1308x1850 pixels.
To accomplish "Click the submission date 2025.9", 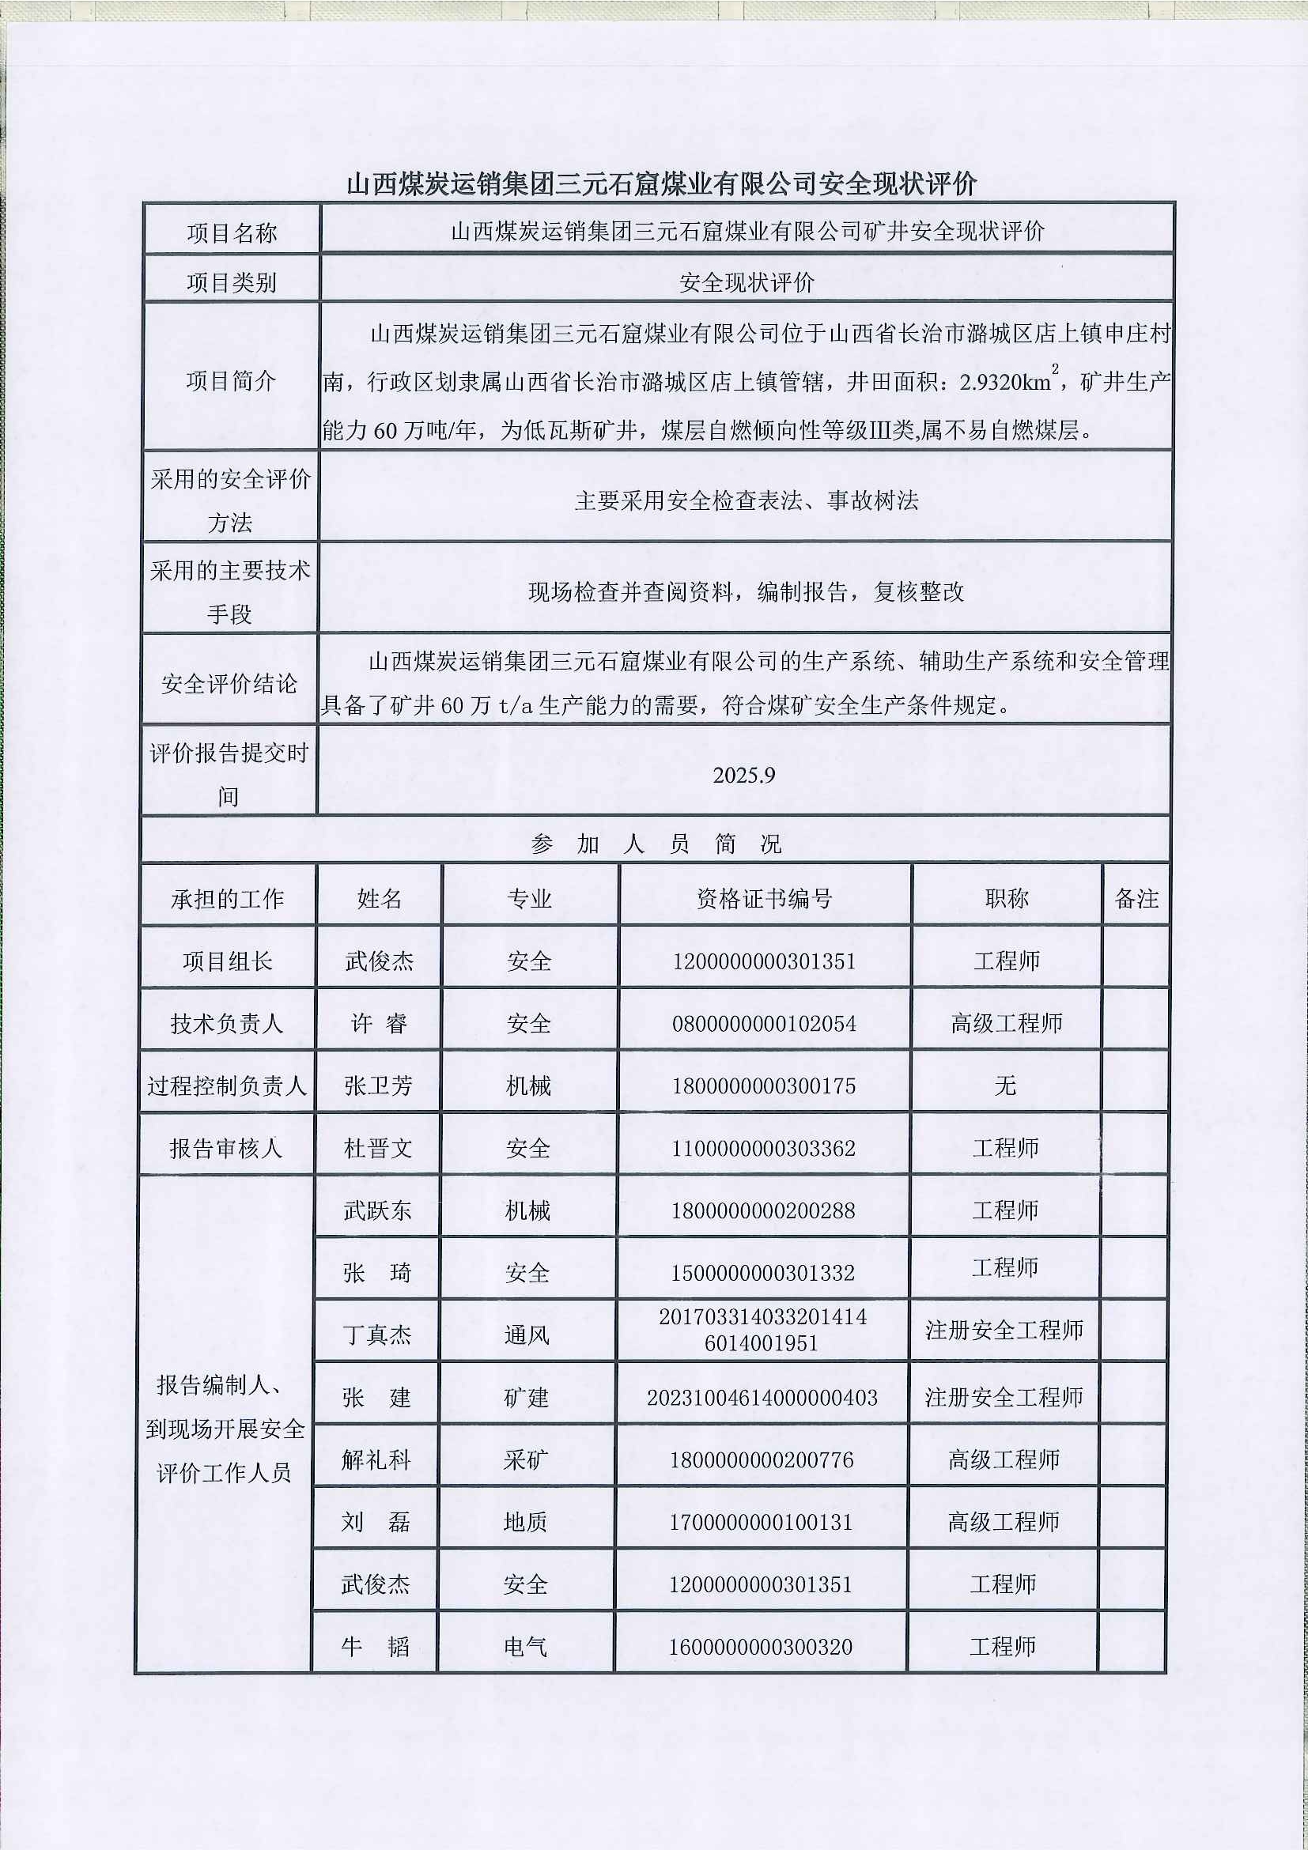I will [x=743, y=775].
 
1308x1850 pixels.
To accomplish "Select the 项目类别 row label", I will [x=231, y=282].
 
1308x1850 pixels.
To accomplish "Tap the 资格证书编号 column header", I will [x=764, y=898].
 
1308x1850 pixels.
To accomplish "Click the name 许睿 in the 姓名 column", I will [x=379, y=1023].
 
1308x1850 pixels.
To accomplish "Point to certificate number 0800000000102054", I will [x=764, y=1023].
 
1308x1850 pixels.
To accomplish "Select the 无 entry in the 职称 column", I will [x=1005, y=1085].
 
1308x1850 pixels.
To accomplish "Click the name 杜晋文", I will [x=378, y=1148].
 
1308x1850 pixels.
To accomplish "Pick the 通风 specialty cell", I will [x=527, y=1335].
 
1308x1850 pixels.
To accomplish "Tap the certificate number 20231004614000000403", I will [x=762, y=1397].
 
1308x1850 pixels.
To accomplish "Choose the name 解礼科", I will [x=376, y=1459].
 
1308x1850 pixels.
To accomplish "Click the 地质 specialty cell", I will [x=525, y=1521].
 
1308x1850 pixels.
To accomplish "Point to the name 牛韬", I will [x=376, y=1646].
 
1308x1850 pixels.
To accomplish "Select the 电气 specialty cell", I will [x=525, y=1646].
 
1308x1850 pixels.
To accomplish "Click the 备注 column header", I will [x=1136, y=898].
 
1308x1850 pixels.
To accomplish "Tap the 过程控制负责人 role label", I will [x=227, y=1085].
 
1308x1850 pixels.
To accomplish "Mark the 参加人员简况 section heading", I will [x=656, y=844].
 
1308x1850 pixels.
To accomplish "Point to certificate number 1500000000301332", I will [x=763, y=1273].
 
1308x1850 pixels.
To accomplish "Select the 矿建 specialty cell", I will [x=526, y=1397].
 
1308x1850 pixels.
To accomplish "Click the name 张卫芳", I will [x=378, y=1085].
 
